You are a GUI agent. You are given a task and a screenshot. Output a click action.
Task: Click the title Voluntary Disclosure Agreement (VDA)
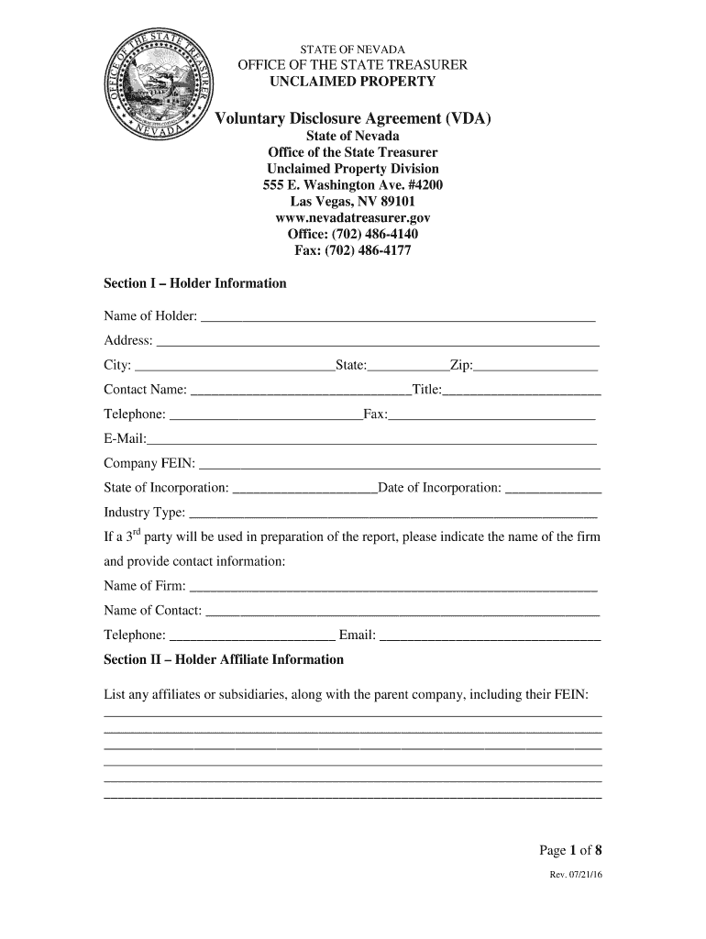click(x=352, y=118)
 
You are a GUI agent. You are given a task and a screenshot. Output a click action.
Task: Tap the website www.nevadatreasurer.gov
click(x=352, y=218)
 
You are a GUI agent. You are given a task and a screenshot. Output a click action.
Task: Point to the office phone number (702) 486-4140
click(x=352, y=234)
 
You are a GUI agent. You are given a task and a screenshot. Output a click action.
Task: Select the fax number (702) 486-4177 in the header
click(x=352, y=250)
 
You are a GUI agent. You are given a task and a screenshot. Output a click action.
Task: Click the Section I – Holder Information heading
click(x=195, y=283)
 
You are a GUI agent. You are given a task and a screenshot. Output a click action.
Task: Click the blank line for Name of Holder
click(x=398, y=318)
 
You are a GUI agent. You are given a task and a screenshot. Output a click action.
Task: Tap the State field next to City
click(x=408, y=368)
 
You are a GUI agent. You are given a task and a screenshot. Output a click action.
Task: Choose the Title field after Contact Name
click(x=522, y=392)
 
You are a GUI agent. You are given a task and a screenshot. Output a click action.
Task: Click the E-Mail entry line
click(x=371, y=441)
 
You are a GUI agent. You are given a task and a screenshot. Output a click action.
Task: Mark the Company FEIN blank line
click(x=399, y=465)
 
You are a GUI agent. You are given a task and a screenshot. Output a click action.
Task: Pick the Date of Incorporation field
click(x=553, y=490)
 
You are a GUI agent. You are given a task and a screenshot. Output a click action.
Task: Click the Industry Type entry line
click(x=392, y=514)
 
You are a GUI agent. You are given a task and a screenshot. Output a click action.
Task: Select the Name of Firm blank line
click(x=392, y=588)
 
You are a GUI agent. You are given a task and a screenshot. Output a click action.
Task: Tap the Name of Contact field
click(x=403, y=613)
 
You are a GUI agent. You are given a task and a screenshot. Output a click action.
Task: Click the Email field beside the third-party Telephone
click(x=491, y=637)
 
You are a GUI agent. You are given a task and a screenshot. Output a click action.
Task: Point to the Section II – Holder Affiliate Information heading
click(x=224, y=659)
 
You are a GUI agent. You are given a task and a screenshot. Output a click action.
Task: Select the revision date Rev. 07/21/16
click(x=576, y=875)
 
